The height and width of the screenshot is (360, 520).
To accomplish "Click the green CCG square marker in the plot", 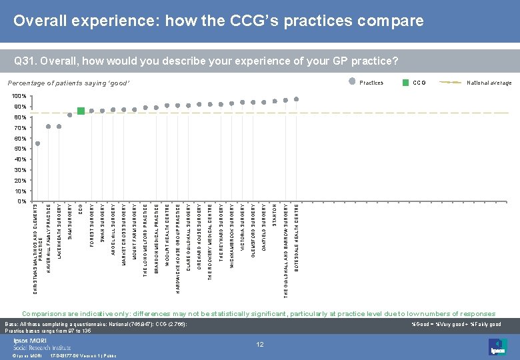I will [x=81, y=111].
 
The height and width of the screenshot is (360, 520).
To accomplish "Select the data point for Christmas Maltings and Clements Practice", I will [x=38, y=143].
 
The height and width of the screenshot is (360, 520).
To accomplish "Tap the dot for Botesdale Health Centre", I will [x=297, y=99].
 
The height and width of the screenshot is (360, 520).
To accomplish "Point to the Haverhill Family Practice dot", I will [x=49, y=127].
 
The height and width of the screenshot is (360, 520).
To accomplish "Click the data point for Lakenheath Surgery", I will [x=59, y=127].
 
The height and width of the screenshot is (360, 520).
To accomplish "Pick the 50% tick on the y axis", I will [x=19, y=149].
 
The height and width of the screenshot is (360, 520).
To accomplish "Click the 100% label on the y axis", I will [x=18, y=97].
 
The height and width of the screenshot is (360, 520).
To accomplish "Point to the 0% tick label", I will [x=21, y=201].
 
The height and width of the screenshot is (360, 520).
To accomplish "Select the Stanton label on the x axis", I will [x=275, y=215].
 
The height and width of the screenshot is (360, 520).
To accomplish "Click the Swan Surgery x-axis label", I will [x=102, y=225].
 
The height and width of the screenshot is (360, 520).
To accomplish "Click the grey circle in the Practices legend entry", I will [x=353, y=83].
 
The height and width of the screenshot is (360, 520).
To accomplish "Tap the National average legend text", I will [x=489, y=83].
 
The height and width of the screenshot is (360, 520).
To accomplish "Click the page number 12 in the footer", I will [x=261, y=344].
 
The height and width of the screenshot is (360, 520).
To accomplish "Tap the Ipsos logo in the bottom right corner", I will [x=497, y=346].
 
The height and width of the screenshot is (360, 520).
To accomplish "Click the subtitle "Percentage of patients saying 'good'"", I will [x=69, y=83].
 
